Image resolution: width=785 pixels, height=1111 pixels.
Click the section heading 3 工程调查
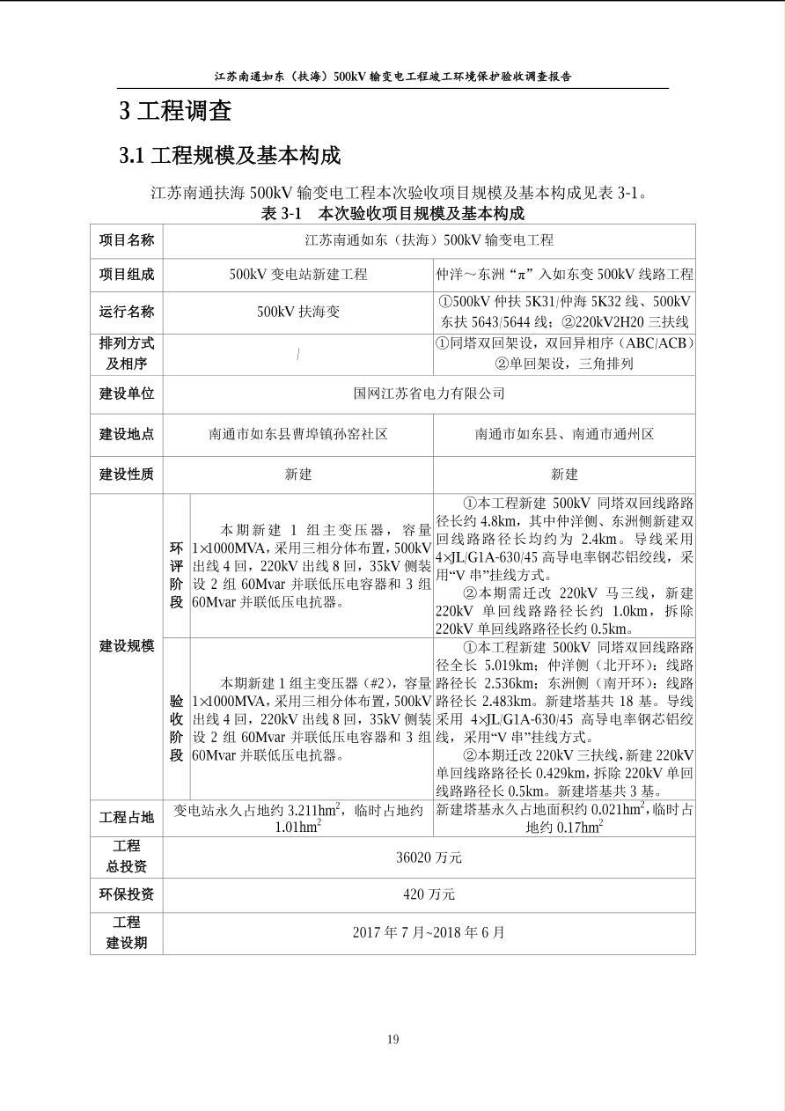pos(176,111)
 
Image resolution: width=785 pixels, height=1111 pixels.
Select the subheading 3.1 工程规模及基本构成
pos(230,156)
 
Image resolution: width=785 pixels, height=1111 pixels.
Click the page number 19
pos(392,1040)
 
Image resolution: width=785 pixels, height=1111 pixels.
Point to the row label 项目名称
pos(126,240)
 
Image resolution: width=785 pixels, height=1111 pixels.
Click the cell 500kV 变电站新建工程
pos(298,275)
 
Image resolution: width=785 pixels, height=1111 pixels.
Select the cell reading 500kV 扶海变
pos(298,312)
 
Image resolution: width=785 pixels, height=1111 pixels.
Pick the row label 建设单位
pos(126,394)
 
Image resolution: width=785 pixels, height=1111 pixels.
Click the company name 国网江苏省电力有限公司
pos(429,394)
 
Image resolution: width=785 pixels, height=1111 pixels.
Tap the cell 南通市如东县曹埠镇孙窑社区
pos(298,434)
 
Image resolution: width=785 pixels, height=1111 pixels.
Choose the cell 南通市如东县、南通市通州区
pos(564,434)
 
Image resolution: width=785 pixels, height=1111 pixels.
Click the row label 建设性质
pos(126,475)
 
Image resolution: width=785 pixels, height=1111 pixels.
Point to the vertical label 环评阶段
pos(177,566)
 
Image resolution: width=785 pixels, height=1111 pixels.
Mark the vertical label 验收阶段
pos(177,719)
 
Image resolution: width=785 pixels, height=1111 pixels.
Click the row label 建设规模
pos(126,646)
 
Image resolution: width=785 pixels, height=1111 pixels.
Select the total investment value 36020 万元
pos(429,857)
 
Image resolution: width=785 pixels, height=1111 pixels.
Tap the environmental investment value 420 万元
pos(429,894)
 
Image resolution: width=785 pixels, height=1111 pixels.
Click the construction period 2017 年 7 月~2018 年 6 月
pos(429,932)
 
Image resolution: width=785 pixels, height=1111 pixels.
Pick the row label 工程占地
pos(126,818)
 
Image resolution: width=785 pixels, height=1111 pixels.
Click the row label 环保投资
pos(126,894)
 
